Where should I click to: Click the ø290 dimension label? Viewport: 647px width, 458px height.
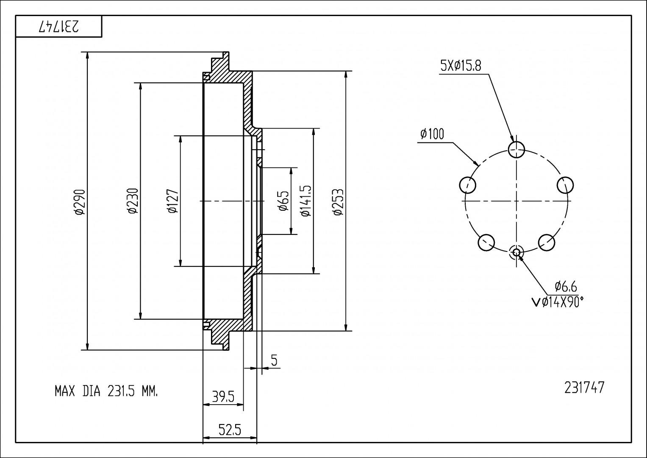(80, 201)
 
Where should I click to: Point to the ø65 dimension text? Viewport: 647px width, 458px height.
(284, 201)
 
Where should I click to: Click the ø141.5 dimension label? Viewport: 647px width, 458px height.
(306, 201)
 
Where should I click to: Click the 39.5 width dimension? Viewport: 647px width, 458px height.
(223, 397)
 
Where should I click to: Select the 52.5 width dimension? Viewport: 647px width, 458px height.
(230, 430)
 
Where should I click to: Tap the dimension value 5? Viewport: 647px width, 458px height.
(274, 361)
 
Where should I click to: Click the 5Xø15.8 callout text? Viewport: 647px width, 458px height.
(461, 66)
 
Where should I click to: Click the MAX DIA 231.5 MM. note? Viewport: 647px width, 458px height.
(106, 391)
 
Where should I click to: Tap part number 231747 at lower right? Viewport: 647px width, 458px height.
(584, 388)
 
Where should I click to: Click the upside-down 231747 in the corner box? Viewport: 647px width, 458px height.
(59, 27)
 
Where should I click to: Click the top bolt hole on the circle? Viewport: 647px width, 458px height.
(516, 149)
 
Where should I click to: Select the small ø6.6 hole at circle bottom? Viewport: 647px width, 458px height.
(516, 253)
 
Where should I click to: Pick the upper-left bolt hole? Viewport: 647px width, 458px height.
(468, 185)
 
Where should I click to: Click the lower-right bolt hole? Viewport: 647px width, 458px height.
(547, 242)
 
